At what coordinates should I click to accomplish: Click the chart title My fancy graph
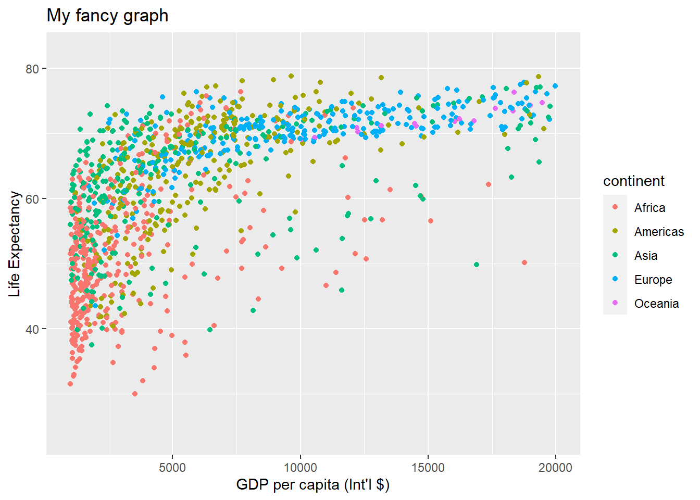click(107, 16)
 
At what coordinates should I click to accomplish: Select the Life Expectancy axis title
click(15, 244)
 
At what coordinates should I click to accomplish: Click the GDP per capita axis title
click(312, 485)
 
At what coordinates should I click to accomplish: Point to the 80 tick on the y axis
click(32, 69)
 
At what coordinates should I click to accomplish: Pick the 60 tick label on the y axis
click(32, 199)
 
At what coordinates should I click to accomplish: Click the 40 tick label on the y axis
click(32, 329)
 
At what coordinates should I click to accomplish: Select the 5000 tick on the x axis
click(172, 468)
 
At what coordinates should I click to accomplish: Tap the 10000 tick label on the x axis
click(300, 468)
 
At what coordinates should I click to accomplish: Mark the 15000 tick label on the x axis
click(428, 468)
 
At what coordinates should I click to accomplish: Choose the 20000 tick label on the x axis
click(555, 468)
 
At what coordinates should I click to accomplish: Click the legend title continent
click(633, 181)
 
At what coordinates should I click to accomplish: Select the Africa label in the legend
click(649, 208)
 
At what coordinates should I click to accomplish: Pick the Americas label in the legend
click(659, 232)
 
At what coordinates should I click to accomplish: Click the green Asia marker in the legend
click(615, 255)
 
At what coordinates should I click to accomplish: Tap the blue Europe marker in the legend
click(615, 279)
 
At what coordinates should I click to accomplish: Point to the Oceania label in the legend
click(656, 304)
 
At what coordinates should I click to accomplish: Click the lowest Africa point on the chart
click(135, 394)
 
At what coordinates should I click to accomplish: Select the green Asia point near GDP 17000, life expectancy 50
click(476, 265)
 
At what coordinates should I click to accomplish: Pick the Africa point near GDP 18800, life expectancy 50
click(524, 262)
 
